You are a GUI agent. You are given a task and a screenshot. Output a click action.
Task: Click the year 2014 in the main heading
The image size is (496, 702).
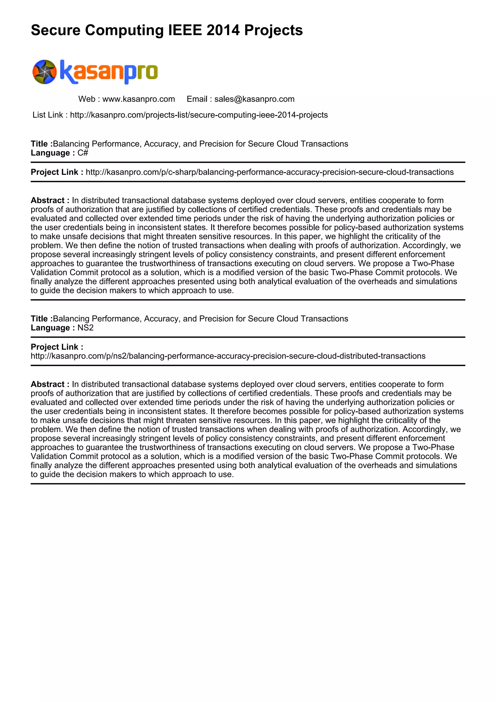[223, 30]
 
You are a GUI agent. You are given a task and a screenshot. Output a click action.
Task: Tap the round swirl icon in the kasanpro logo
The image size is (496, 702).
[45, 72]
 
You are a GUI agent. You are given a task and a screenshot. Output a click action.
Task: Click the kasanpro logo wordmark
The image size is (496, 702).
[109, 72]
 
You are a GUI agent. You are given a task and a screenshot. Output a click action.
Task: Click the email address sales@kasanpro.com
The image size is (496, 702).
[254, 99]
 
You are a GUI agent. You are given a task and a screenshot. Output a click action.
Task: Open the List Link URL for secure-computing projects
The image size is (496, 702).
[199, 115]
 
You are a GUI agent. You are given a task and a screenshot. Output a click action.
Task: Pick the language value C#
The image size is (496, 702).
[83, 153]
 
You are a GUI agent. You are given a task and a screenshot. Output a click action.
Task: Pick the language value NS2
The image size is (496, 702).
[85, 328]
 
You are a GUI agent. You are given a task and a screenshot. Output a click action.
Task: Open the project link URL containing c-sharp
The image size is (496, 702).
[270, 172]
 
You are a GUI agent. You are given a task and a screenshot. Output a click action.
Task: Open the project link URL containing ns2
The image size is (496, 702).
[228, 356]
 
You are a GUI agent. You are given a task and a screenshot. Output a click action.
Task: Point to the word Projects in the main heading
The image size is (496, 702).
[273, 30]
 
